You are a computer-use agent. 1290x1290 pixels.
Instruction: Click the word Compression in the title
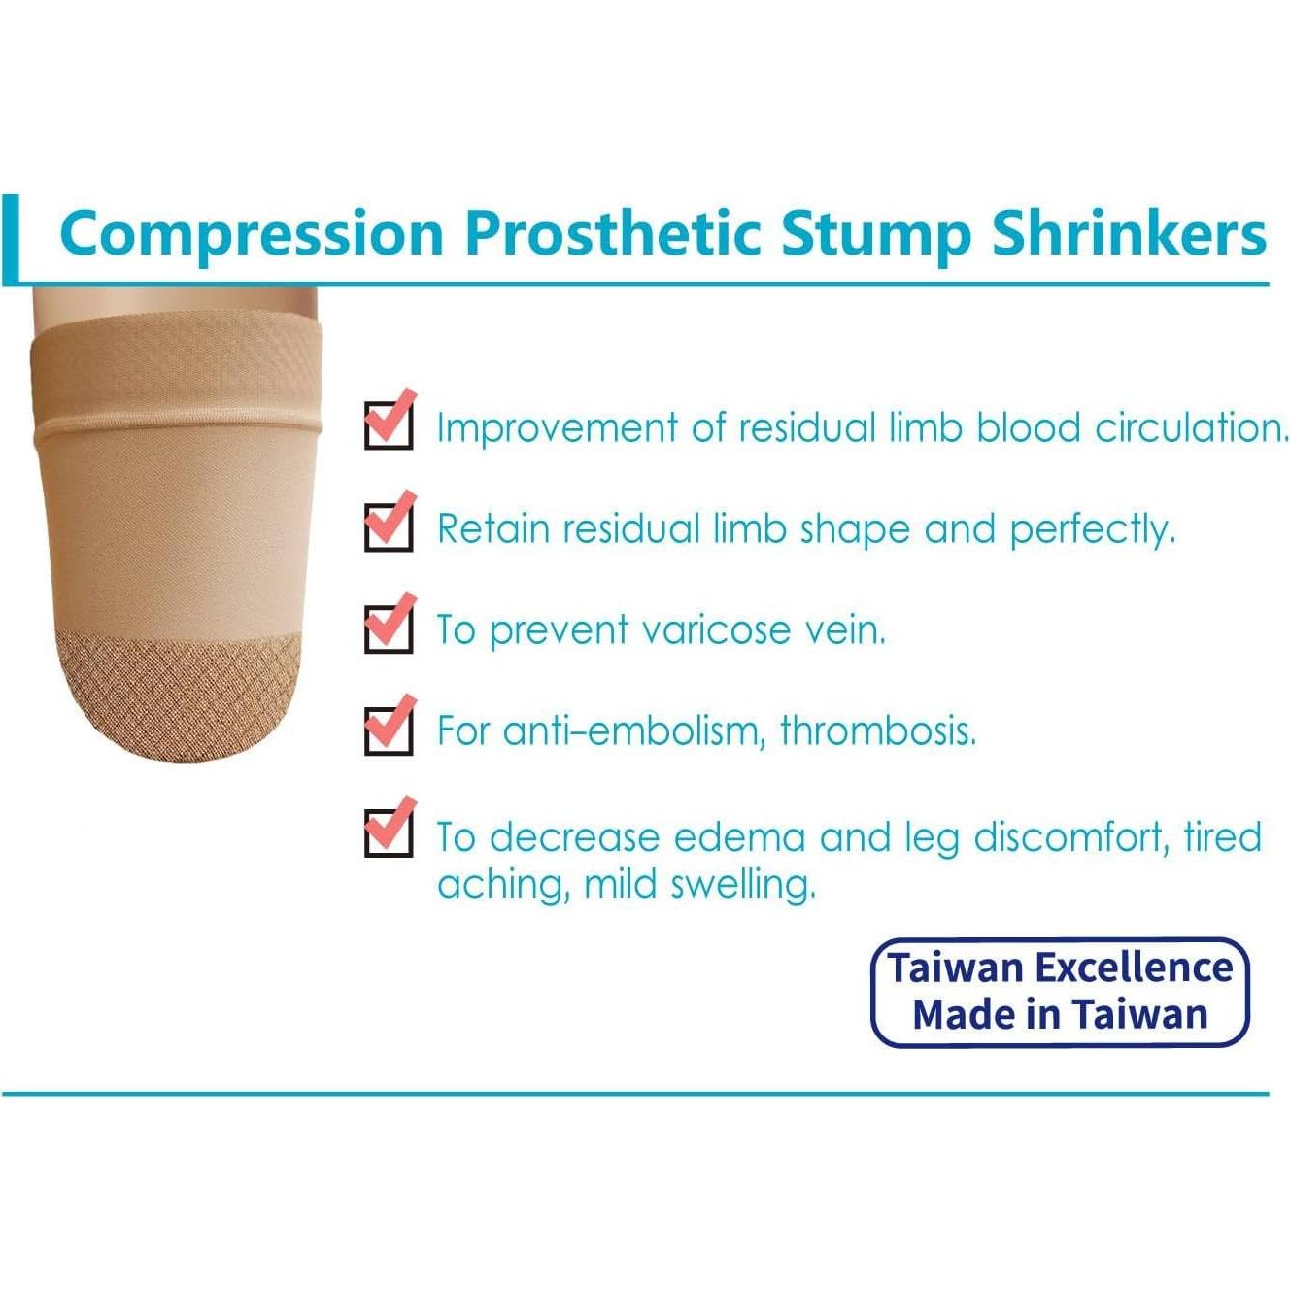click(252, 235)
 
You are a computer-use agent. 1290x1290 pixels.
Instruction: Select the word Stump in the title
click(875, 233)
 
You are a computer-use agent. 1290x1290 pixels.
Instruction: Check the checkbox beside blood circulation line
click(389, 424)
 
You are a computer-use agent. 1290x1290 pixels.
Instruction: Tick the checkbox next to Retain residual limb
click(389, 526)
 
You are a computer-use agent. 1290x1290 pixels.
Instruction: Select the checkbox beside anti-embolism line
click(389, 729)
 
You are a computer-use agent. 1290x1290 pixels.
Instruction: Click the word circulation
click(1191, 427)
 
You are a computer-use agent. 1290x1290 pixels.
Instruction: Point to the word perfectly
click(1092, 529)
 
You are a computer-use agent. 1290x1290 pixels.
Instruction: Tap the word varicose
click(717, 630)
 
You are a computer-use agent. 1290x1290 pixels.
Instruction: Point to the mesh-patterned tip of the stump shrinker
click(176, 690)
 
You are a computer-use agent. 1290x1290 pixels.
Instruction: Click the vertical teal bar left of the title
click(11, 239)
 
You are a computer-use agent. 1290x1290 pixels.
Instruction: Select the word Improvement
click(557, 428)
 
